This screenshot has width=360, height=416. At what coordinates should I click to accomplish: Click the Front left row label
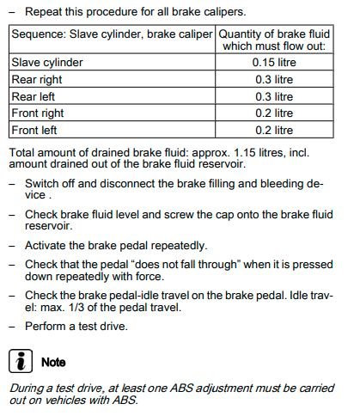34,130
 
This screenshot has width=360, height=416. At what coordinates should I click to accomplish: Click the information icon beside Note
18,361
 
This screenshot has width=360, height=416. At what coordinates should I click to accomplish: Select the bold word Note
53,362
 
